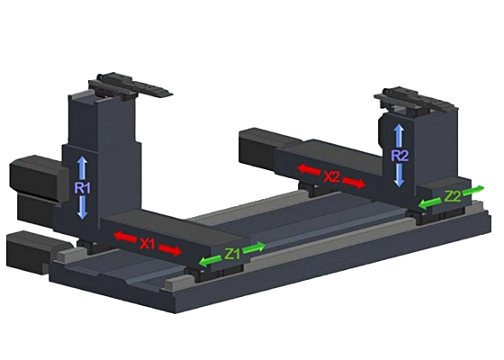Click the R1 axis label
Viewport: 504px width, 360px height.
pos(82,188)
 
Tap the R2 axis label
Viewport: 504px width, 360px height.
pos(400,156)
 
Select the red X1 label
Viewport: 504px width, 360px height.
pos(148,244)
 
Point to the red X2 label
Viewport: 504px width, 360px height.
pos(331,176)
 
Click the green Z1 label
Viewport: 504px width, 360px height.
pos(232,254)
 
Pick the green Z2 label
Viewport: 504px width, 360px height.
pos(452,196)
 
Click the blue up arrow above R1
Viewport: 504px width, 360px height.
pos(82,167)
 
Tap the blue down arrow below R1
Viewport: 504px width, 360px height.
pos(83,208)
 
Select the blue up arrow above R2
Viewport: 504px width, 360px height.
pos(399,136)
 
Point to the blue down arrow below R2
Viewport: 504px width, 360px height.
pos(399,175)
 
